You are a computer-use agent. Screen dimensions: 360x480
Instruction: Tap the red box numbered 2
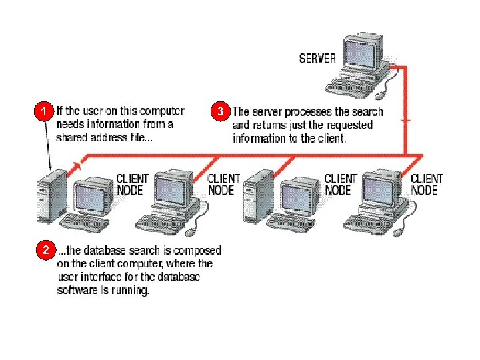click(44, 251)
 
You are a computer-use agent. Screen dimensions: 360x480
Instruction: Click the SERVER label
click(317, 58)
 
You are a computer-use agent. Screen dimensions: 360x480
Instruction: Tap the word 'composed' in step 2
click(197, 251)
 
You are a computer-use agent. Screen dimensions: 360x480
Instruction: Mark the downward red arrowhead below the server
click(406, 120)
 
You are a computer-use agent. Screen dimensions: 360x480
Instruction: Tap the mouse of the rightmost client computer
click(397, 232)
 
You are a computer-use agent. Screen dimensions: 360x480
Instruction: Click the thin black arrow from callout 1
click(48, 143)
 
